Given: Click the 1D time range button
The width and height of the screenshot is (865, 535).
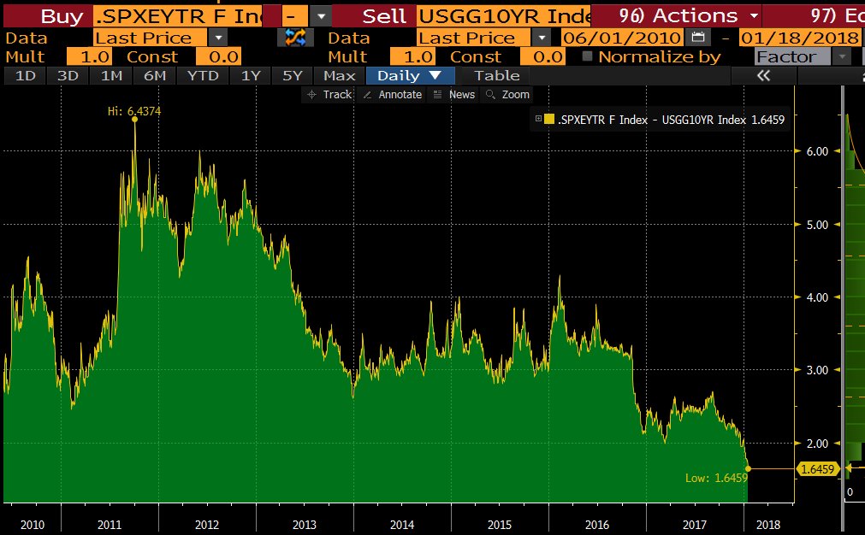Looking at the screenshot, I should (26, 75).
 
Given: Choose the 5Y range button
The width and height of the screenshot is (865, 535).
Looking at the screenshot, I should (293, 75).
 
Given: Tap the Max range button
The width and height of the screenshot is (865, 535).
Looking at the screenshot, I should (339, 75).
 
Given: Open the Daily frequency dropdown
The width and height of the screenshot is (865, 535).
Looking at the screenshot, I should (410, 75).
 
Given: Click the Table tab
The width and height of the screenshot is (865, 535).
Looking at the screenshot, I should (496, 75).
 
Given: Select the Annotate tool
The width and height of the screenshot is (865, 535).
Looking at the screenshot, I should (392, 95).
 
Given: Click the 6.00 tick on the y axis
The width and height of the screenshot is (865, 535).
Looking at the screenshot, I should (817, 151).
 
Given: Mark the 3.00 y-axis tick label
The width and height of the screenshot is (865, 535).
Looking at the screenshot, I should (817, 370).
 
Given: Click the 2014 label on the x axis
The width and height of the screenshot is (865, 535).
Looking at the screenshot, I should (402, 524).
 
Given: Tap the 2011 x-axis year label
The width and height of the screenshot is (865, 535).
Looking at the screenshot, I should (110, 524).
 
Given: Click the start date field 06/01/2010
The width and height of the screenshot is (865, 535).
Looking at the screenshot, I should (621, 37).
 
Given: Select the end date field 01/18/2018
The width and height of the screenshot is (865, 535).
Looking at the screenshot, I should (799, 37).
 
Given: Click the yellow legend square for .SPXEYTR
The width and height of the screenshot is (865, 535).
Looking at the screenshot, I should (549, 120).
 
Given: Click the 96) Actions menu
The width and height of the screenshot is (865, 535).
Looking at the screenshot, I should (676, 15).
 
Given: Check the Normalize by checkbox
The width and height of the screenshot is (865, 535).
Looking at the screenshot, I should (587, 56).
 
